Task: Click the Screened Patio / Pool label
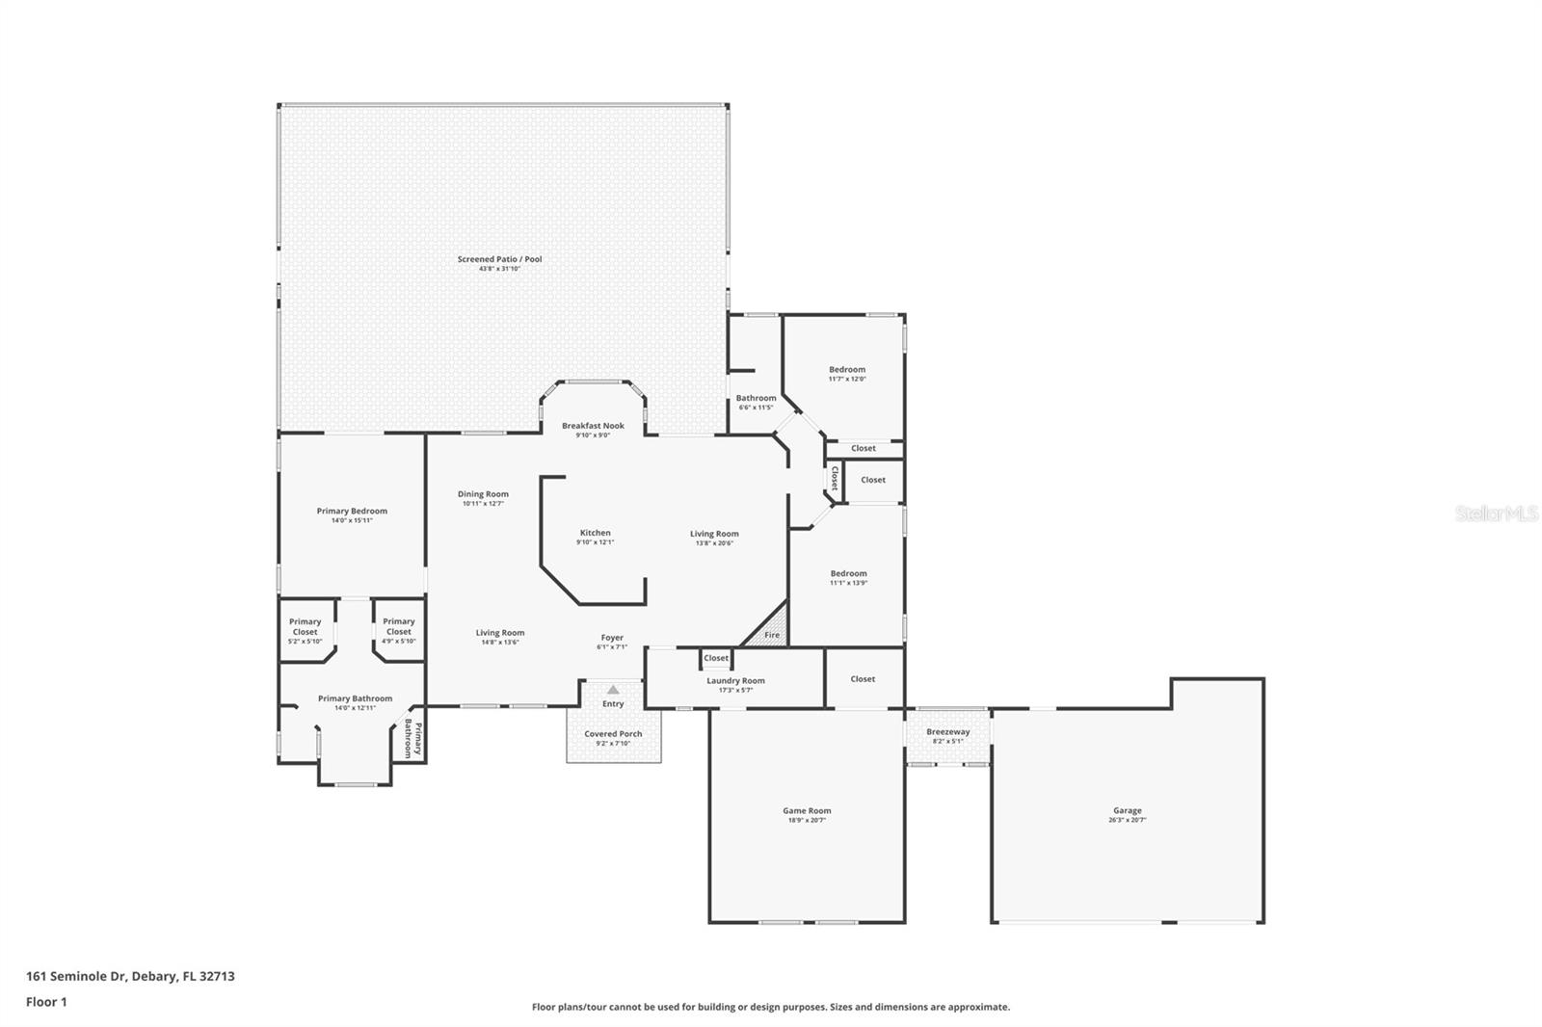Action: point(499,259)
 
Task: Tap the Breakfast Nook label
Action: point(593,426)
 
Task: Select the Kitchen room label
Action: point(595,533)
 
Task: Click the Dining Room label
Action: point(483,494)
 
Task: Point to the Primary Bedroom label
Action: point(352,512)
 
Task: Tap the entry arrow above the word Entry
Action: point(613,690)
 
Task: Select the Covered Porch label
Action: point(613,734)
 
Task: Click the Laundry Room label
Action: point(735,681)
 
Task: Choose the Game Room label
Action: point(807,811)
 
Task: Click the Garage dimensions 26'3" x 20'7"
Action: point(1128,820)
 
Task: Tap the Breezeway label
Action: point(947,732)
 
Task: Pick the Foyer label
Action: point(612,638)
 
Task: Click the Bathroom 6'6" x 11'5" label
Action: point(756,398)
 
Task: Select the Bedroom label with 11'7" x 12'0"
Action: point(847,370)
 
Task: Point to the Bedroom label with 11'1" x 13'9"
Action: point(848,573)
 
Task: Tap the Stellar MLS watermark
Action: point(1496,514)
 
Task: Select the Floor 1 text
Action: point(46,1002)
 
